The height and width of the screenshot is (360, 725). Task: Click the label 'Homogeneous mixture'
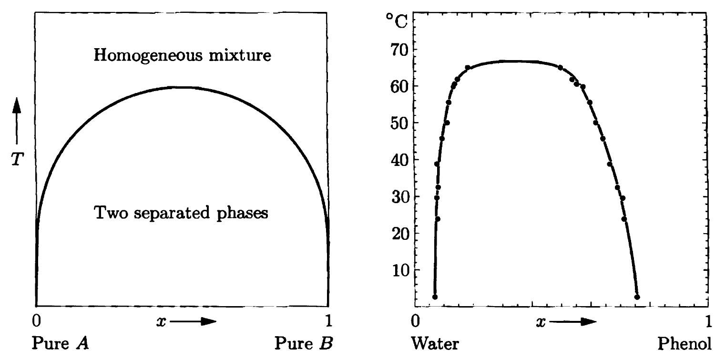[x=183, y=55]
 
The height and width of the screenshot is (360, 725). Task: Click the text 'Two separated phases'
[x=182, y=213]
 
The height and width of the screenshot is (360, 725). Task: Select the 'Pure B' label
[x=304, y=343]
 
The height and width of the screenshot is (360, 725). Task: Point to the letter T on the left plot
[x=17, y=160]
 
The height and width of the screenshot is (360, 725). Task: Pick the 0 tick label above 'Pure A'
[x=36, y=322]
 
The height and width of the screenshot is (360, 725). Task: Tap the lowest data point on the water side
[x=435, y=297]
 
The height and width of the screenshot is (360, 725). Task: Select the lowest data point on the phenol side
[x=637, y=297]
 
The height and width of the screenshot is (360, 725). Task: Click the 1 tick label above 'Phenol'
[x=708, y=322]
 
